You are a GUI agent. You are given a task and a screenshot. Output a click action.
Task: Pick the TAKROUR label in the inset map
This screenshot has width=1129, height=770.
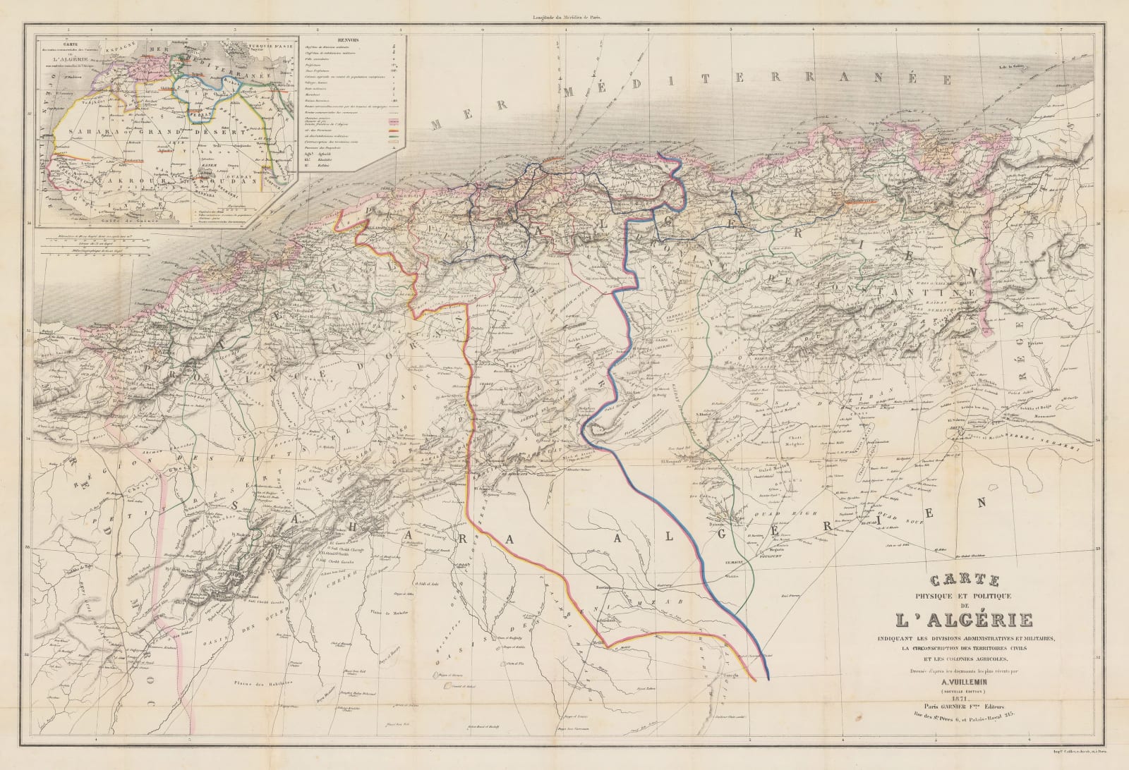coord(134,182)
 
